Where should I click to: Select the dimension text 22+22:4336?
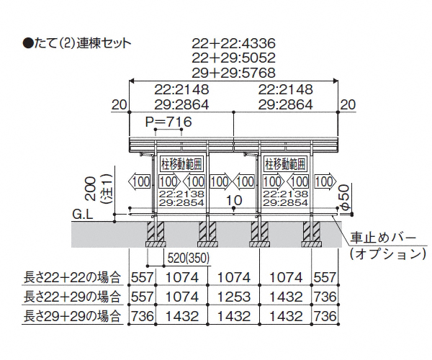point(236,42)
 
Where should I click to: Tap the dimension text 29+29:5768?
point(236,73)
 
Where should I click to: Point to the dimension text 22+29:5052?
point(236,58)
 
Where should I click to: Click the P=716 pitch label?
point(168,122)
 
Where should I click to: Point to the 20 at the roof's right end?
point(348,104)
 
